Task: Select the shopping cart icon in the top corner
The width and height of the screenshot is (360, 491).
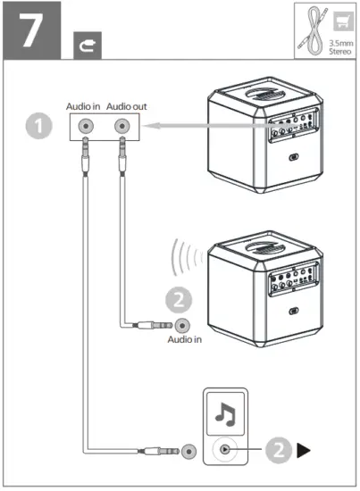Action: (x=339, y=19)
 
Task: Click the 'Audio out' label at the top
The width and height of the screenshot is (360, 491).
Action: (x=125, y=106)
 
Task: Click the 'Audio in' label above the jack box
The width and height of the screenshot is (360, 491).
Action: (x=84, y=106)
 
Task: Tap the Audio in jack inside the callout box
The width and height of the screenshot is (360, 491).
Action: (x=86, y=127)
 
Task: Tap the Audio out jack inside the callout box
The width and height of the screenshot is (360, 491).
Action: (x=121, y=127)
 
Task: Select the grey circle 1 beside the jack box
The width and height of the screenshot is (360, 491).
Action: (x=37, y=127)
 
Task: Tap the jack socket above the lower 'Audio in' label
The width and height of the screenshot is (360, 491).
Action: (x=183, y=327)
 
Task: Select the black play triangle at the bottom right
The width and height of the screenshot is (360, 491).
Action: (x=304, y=451)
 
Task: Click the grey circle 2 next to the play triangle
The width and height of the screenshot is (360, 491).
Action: (x=277, y=451)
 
